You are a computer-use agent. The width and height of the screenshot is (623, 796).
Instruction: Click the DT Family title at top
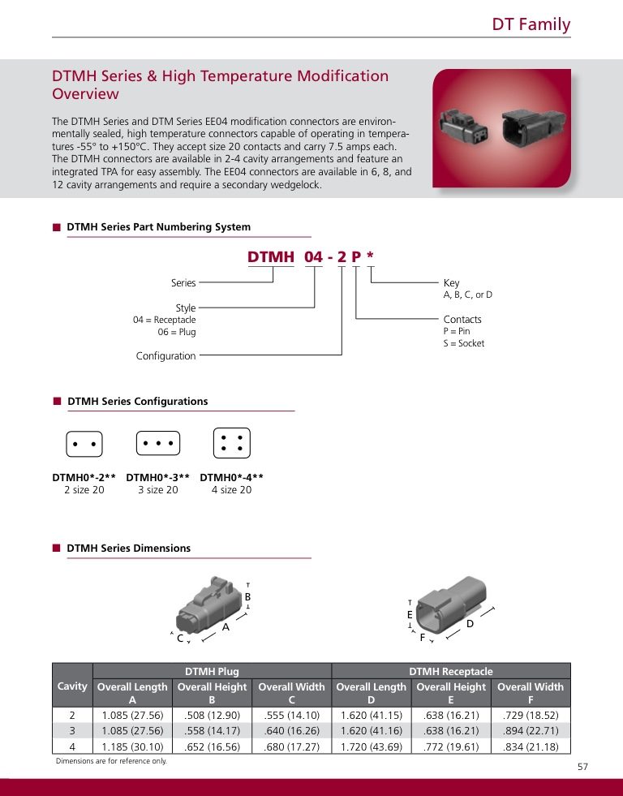coord(531,24)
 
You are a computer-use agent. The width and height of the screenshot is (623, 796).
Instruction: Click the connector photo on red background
coord(501,127)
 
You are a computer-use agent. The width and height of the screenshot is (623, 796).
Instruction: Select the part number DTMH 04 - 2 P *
coord(311,257)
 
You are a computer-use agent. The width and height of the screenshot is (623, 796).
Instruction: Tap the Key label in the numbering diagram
coord(451,283)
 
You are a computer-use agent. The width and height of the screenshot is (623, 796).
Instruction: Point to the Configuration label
coord(165,356)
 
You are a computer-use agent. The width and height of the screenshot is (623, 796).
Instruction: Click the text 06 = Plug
coord(177,332)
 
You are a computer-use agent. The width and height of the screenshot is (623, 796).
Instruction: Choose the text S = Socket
coord(463,343)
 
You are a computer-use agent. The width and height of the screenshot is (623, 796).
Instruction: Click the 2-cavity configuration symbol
coord(84,445)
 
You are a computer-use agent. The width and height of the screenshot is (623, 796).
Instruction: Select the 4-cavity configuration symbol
coord(231,443)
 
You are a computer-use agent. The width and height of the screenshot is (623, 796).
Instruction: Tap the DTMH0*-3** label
coord(158,478)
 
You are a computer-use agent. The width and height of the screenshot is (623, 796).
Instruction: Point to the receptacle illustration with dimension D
coord(454,605)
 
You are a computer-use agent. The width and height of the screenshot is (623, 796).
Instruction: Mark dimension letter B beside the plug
coord(247,596)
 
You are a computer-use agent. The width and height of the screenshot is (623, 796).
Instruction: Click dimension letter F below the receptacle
coord(422,638)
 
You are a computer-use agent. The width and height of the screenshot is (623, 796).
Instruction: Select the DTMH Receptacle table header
coord(450,671)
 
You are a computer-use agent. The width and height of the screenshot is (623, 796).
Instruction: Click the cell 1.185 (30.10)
coord(132,747)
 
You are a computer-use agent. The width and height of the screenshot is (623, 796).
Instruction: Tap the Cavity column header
coord(72,686)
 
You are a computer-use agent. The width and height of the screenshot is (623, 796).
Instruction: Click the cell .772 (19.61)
coord(450,747)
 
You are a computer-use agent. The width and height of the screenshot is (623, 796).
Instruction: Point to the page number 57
coord(582,767)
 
